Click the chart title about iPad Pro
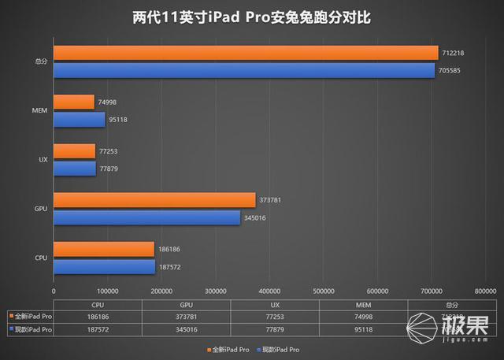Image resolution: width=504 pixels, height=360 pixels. pos(252,17)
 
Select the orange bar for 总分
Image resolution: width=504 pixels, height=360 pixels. pos(245,53)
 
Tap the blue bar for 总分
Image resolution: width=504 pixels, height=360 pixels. pos(243,70)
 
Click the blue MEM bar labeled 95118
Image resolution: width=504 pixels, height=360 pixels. pos(79,120)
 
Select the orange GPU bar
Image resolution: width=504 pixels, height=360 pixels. pos(154,200)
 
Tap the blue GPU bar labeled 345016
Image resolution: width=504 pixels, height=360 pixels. pos(146,217)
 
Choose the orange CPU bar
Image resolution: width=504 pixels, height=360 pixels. pos(103,248)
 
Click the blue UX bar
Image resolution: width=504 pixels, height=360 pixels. pos(74,169)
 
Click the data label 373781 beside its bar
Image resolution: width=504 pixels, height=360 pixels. pos(270,200)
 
